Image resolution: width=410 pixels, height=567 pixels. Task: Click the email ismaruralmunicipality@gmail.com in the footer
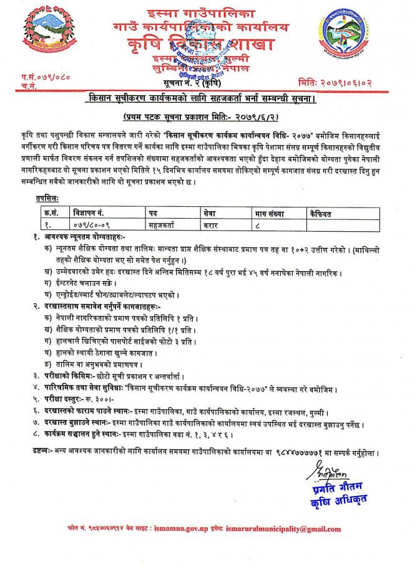tap(284, 529)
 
